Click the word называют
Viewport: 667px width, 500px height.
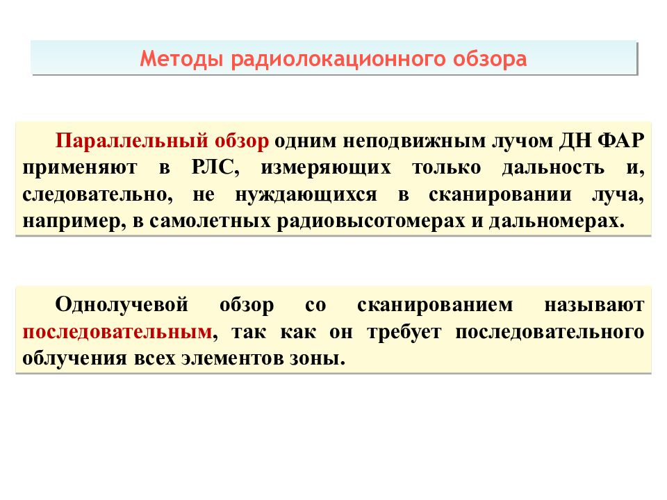pyautogui.click(x=595, y=304)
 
